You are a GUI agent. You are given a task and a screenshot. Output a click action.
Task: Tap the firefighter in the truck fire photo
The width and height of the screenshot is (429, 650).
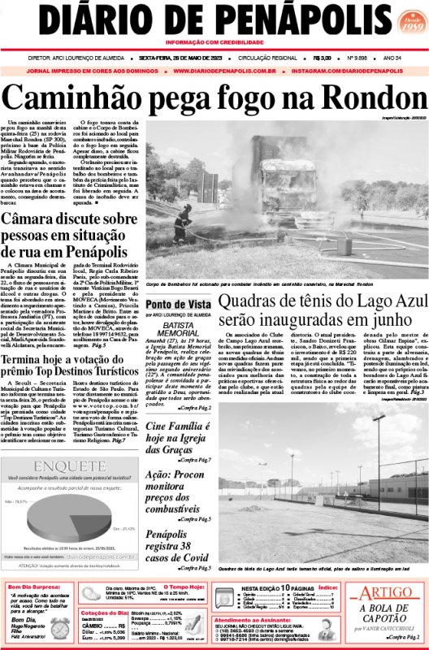click(x=184, y=221)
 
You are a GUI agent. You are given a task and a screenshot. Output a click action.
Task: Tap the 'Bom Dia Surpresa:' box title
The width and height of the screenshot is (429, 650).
click(x=35, y=587)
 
